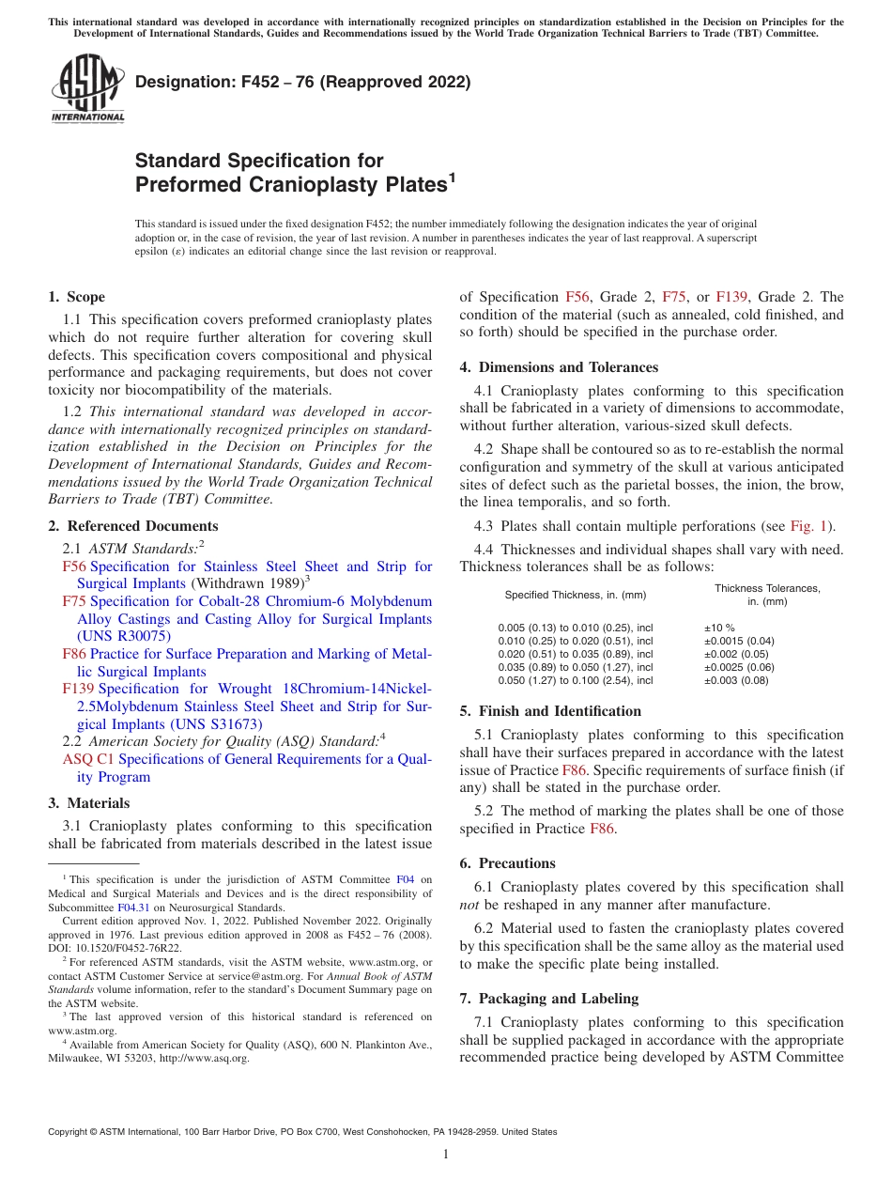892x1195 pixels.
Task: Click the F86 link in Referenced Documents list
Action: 74,654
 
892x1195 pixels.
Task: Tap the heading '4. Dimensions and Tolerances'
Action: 559,367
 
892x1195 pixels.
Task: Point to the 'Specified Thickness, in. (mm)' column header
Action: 576,595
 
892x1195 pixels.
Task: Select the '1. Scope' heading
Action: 76,297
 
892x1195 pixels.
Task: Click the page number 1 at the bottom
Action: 446,1155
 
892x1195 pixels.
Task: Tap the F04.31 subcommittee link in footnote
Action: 132,908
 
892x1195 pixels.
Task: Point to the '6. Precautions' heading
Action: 507,863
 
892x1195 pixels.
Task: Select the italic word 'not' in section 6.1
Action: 469,905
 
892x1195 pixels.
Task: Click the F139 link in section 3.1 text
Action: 731,297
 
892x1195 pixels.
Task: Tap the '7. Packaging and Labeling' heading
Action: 548,999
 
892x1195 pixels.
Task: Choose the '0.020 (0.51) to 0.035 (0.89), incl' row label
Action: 575,654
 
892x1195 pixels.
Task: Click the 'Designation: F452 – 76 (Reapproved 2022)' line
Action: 302,83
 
